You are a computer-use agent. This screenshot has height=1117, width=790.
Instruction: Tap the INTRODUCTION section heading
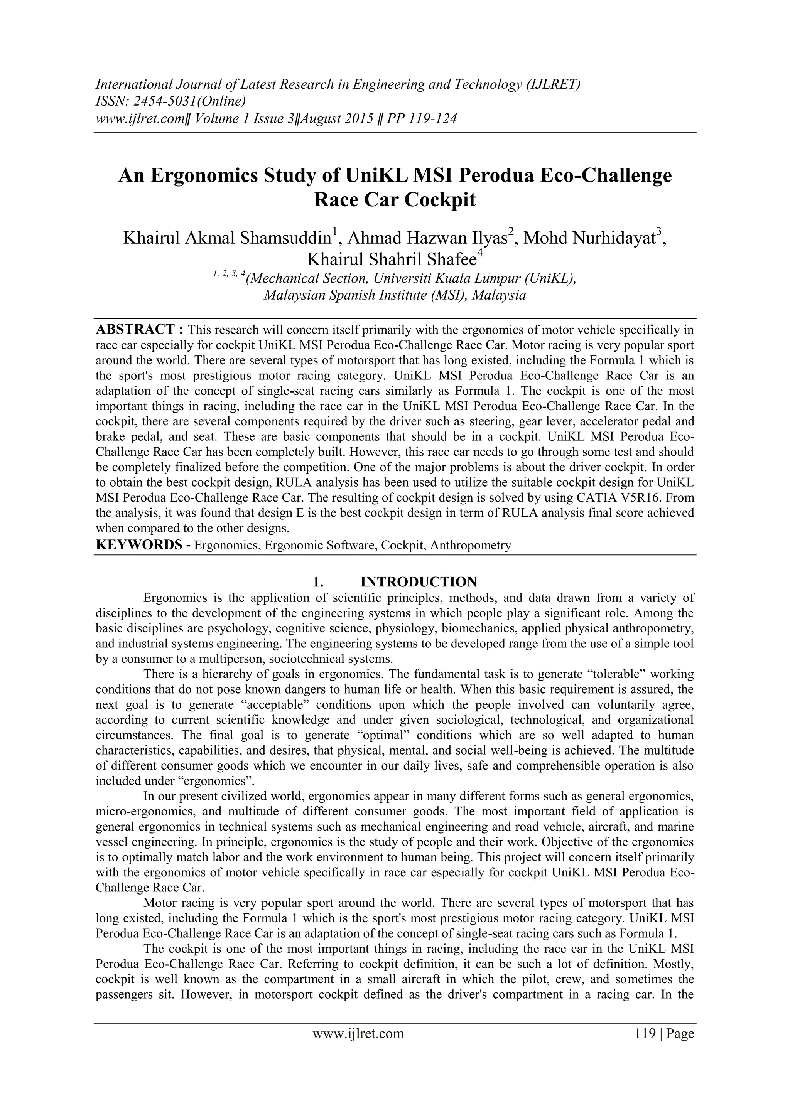click(x=419, y=582)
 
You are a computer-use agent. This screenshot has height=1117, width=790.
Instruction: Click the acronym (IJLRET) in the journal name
click(x=552, y=85)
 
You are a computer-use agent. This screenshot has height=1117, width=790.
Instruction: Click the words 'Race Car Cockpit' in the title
click(x=395, y=200)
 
